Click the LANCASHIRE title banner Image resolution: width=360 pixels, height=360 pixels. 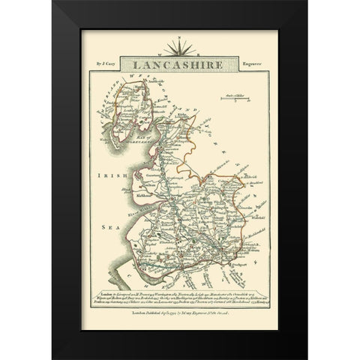tap(180, 65)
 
